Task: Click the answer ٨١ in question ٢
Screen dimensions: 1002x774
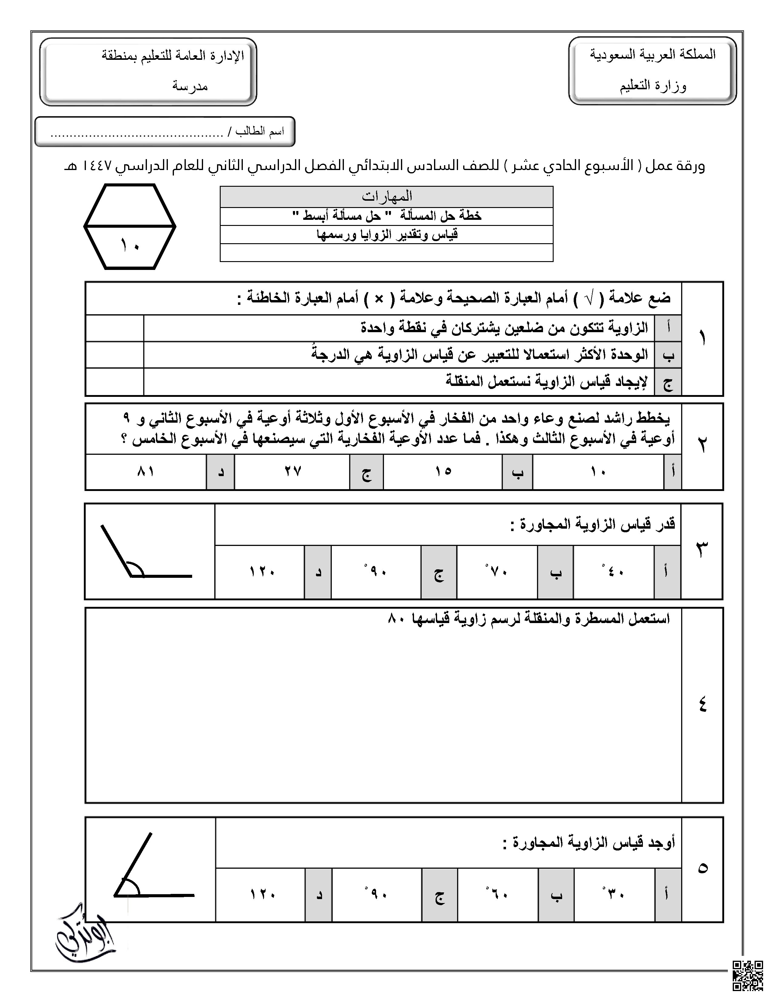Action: (145, 471)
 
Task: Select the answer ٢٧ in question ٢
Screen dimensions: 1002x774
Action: (292, 471)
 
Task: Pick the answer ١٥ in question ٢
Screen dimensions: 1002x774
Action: (443, 471)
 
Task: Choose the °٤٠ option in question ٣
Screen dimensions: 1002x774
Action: (613, 572)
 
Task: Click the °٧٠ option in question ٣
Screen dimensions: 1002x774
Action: (497, 572)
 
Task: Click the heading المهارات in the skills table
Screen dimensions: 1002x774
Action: (386, 197)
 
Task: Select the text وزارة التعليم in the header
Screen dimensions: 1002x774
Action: (653, 86)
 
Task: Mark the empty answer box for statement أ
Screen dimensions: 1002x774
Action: (115, 328)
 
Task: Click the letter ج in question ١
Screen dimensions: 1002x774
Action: (668, 382)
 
